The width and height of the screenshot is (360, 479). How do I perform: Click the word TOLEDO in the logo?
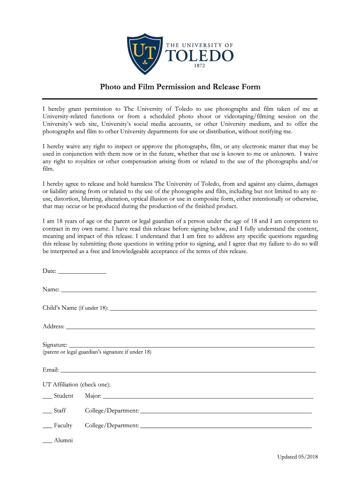200,57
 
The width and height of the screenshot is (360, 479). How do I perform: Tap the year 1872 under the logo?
200,66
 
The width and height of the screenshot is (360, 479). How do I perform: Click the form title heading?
180,87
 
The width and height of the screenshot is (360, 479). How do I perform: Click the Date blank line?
82,272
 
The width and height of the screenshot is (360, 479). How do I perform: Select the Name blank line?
188,290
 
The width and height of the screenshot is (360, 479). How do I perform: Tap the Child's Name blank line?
213,309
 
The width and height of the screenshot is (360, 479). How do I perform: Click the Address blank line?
190,327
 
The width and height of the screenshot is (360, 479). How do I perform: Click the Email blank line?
188,371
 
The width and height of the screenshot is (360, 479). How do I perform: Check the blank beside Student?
47,397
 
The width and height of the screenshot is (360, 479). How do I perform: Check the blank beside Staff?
47,412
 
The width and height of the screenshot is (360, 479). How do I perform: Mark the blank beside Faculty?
47,427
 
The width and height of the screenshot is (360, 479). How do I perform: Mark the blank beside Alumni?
47,441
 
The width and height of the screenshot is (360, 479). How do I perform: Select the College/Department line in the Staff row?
226,412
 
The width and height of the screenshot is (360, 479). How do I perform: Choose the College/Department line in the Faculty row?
226,427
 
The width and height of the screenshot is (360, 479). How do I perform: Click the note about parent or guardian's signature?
97,352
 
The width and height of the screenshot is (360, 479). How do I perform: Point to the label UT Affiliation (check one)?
77,385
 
